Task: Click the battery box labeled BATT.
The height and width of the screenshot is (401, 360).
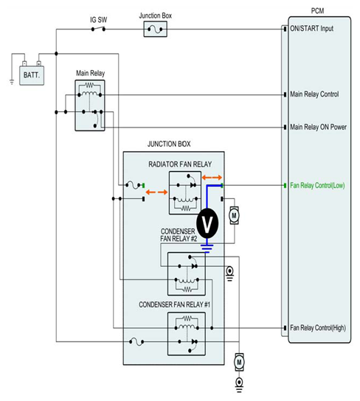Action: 32,75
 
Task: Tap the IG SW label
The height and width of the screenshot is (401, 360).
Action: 99,20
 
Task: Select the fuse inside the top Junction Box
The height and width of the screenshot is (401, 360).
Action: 155,29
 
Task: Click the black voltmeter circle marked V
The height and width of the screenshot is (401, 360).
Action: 207,223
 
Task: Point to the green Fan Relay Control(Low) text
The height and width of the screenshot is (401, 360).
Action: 317,186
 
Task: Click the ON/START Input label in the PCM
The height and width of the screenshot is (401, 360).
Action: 311,29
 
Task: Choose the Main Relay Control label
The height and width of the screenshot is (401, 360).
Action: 314,94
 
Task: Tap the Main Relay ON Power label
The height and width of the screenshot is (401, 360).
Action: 318,127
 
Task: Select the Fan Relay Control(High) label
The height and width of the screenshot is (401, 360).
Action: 318,328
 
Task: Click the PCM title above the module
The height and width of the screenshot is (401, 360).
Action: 317,11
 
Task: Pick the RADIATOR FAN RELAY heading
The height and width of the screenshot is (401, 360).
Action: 180,164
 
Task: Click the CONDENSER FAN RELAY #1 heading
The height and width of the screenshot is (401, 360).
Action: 174,305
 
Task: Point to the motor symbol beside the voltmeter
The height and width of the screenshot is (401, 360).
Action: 234,215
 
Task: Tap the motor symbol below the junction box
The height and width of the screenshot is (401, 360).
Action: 239,362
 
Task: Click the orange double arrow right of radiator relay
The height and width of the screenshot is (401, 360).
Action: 212,178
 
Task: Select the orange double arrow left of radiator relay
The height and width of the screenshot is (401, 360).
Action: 156,192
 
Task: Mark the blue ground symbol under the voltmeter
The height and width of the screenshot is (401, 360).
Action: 207,248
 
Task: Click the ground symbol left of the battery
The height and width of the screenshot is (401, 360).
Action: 12,82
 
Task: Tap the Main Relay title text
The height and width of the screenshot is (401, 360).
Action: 90,74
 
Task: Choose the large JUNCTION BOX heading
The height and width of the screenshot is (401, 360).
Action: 169,144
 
